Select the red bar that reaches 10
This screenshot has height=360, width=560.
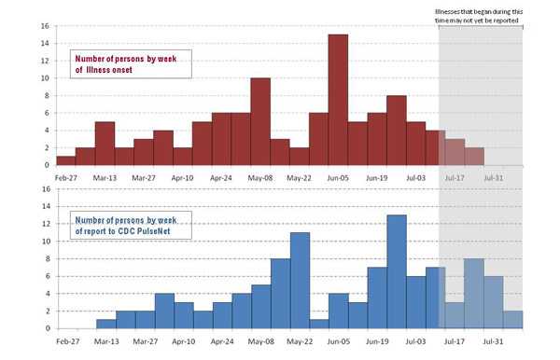pos(260,122)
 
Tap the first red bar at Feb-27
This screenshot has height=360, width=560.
pos(65,160)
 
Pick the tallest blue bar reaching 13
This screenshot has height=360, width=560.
pos(397,271)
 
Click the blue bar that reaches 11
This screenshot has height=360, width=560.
pos(300,281)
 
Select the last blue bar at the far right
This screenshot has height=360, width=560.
pos(512,320)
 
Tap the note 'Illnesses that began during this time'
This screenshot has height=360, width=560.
pos(480,17)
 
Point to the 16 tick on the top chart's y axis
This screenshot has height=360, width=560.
pos(44,25)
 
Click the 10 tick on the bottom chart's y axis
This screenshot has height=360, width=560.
pos(44,242)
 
